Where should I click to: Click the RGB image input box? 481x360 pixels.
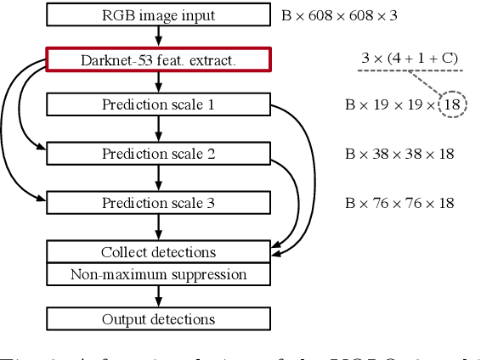click(x=158, y=15)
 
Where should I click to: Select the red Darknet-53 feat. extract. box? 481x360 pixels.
click(x=158, y=59)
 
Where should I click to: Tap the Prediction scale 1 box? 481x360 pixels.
click(x=158, y=104)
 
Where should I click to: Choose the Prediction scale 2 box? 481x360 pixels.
click(x=158, y=154)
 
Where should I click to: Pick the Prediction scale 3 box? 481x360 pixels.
click(x=158, y=202)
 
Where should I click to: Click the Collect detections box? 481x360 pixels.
click(x=158, y=252)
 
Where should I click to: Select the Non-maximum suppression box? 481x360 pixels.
click(x=158, y=274)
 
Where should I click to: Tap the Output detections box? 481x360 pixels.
click(x=158, y=319)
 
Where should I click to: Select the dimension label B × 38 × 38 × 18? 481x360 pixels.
click(x=399, y=154)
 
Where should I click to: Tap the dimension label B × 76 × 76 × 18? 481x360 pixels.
click(x=399, y=202)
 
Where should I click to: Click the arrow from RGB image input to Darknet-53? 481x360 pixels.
click(x=159, y=37)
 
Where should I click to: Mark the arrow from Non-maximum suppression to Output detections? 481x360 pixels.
click(x=159, y=296)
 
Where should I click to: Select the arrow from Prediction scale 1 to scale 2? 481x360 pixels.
click(x=159, y=129)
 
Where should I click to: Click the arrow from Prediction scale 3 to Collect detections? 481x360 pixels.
click(x=159, y=227)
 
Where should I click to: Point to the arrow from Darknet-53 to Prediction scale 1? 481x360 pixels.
click(x=159, y=82)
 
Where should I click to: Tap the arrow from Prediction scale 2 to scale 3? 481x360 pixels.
click(x=159, y=178)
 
